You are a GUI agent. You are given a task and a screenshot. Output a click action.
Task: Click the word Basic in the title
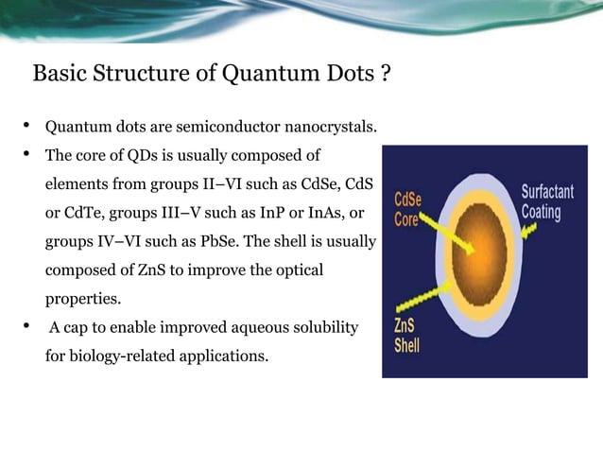point(60,74)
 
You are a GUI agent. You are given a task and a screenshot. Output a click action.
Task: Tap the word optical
point(300,270)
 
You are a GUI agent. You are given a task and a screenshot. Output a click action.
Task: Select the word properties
point(83,299)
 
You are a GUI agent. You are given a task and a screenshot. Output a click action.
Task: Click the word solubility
point(326,328)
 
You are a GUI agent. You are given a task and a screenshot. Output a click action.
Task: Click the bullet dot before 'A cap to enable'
point(27,327)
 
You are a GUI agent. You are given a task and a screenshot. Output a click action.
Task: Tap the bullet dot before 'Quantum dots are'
point(27,126)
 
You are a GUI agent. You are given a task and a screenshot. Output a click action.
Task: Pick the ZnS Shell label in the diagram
point(408,336)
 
